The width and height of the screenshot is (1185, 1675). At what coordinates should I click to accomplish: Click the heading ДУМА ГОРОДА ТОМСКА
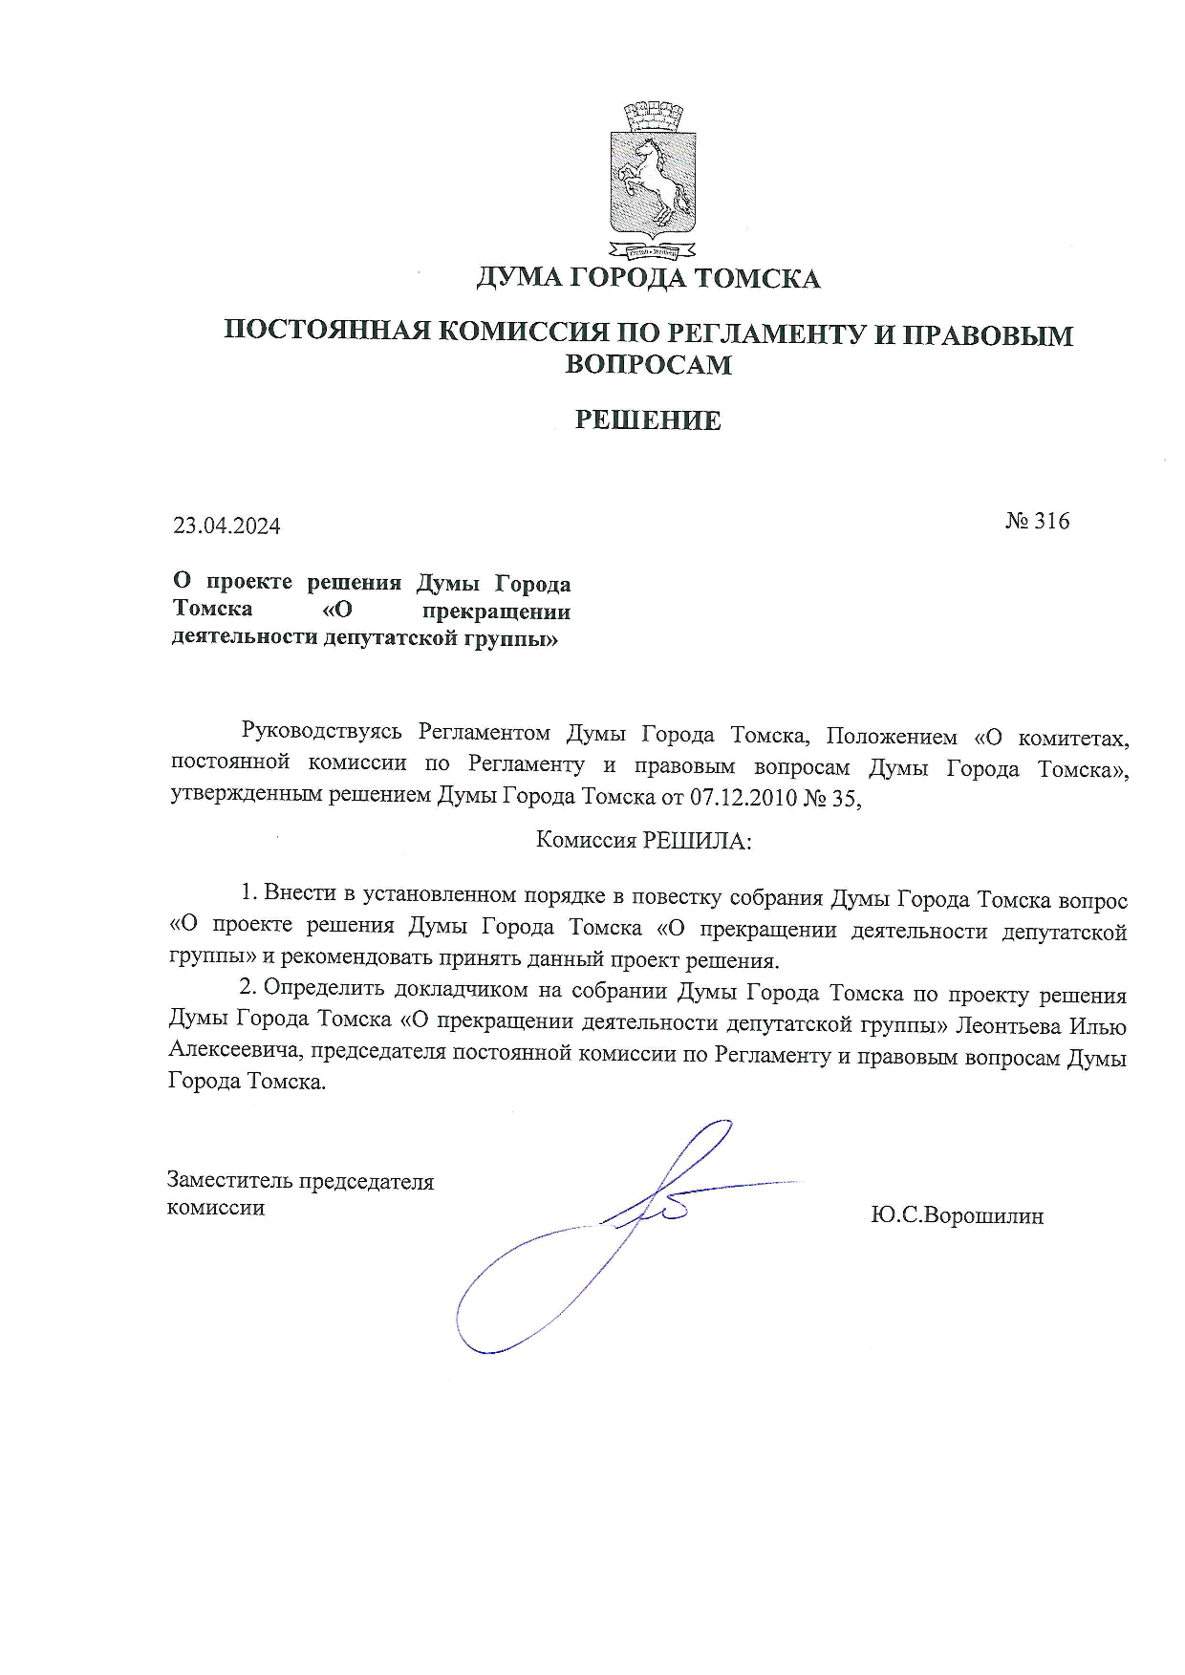click(x=648, y=279)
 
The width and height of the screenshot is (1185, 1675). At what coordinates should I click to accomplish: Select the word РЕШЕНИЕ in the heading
click(x=648, y=420)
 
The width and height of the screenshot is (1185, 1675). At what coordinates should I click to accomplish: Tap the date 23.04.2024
click(x=226, y=526)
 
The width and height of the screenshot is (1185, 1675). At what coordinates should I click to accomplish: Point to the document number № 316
click(x=1037, y=522)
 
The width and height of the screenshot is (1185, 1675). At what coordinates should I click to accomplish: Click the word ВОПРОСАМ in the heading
click(x=648, y=365)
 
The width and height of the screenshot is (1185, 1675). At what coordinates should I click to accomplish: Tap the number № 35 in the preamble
click(x=831, y=798)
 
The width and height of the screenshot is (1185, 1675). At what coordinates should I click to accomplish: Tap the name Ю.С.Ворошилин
click(x=957, y=1216)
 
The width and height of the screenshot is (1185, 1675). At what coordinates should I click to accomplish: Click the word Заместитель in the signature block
click(x=229, y=1182)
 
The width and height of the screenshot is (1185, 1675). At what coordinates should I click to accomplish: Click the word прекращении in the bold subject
click(x=495, y=612)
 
